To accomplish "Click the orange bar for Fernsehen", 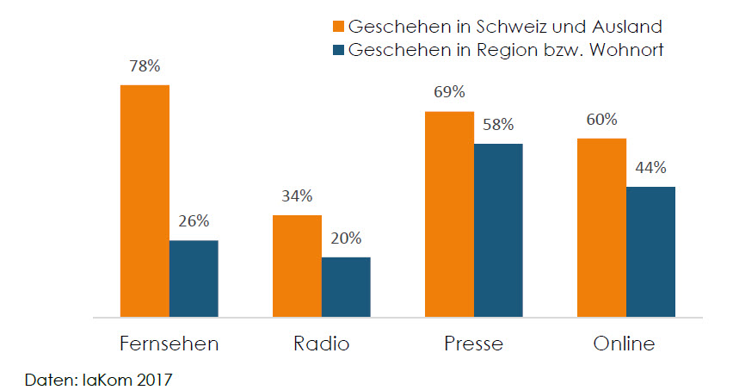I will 145,201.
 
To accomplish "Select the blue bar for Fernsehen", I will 194,279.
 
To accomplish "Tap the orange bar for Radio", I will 297,266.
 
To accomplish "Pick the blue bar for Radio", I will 346,287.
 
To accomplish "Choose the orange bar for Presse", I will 449,214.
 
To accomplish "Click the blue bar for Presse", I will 498,231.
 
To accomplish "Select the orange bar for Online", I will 601,227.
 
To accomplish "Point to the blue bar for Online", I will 650,252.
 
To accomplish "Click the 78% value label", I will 145,66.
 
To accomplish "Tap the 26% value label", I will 194,220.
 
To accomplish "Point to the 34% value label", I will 297,195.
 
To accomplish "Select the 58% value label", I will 498,124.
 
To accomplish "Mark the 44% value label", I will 650,168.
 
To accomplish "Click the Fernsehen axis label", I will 169,344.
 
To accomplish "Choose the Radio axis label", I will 322,344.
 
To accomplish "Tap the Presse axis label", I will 473,344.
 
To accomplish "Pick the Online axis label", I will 625,344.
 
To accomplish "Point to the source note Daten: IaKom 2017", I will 93,377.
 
